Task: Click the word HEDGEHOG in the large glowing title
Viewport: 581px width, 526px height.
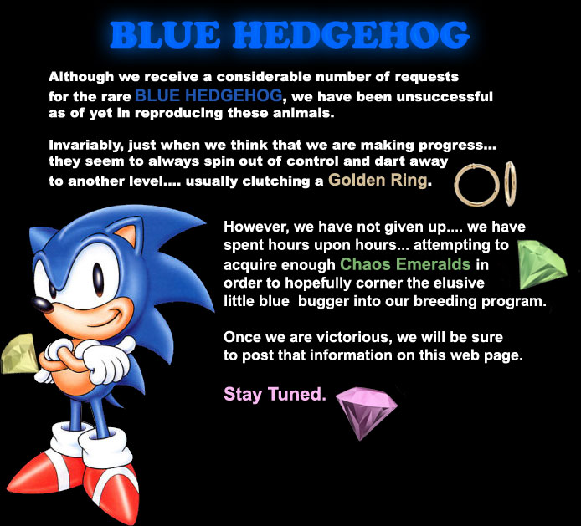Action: pyautogui.click(x=352, y=34)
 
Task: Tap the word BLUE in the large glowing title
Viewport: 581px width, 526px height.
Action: pyautogui.click(x=165, y=34)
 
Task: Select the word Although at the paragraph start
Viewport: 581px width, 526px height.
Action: pyautogui.click(x=81, y=77)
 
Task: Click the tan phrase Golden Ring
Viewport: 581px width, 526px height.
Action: pyautogui.click(x=378, y=181)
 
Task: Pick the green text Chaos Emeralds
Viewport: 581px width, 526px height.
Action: pyautogui.click(x=405, y=264)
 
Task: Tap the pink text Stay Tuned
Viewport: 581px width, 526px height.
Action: pyautogui.click(x=275, y=394)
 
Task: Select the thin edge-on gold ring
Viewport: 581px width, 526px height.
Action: pyautogui.click(x=510, y=183)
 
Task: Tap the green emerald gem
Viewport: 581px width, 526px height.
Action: pyautogui.click(x=541, y=264)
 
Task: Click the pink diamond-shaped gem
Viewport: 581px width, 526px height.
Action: pyautogui.click(x=365, y=411)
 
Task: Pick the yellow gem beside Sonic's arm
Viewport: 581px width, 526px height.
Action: pyautogui.click(x=19, y=354)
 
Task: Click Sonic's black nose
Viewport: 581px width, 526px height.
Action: pyautogui.click(x=42, y=304)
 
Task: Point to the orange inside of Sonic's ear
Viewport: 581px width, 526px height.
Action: pyautogui.click(x=126, y=234)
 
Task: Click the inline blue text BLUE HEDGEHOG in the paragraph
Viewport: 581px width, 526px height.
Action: pyautogui.click(x=209, y=95)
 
